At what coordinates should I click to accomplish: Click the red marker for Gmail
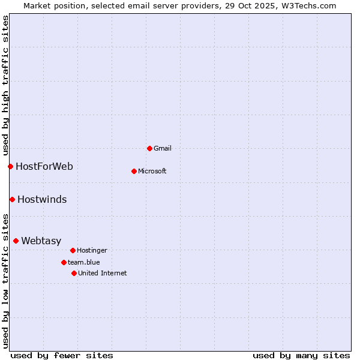click(149, 148)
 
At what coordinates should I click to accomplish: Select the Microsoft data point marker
click(134, 171)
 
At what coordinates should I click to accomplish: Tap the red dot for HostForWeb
click(10, 166)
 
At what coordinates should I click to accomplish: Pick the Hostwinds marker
click(12, 199)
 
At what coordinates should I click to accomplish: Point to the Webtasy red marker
click(16, 241)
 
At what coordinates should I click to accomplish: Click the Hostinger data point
click(73, 250)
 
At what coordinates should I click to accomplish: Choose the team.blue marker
click(64, 262)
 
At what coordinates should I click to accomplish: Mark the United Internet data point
click(74, 273)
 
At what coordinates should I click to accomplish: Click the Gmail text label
click(163, 148)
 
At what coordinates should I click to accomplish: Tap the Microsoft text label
click(152, 171)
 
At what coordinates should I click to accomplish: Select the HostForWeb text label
click(44, 166)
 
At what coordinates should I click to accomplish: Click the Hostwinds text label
click(42, 199)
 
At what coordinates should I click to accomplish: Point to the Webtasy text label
click(41, 241)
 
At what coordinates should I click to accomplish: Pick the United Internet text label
click(103, 273)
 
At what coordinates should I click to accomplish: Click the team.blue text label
click(84, 262)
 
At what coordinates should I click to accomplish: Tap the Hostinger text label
click(92, 250)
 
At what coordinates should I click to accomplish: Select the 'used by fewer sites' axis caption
click(62, 355)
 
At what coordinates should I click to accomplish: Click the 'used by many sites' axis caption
click(301, 355)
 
